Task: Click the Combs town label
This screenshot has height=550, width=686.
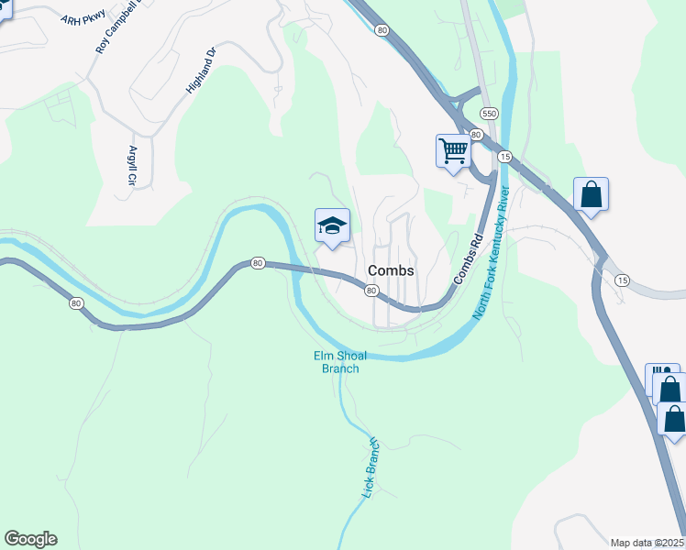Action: [391, 271]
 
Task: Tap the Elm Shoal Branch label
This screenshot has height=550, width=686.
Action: [339, 362]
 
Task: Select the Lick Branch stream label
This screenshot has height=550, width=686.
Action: [371, 467]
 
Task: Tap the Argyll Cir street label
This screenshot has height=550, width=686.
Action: [133, 166]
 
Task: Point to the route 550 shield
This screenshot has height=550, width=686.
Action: [489, 114]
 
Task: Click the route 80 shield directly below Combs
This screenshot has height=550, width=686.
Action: [371, 291]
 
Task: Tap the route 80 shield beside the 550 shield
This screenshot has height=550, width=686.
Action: [476, 135]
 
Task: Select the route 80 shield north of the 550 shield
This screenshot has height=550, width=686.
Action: [382, 30]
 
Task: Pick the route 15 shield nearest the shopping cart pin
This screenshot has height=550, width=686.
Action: [504, 158]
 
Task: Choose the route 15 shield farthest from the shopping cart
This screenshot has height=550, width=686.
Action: [623, 280]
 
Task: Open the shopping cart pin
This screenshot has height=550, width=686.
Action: [453, 151]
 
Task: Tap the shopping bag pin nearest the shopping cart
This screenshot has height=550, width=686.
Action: [592, 195]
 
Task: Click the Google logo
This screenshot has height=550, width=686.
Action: [30, 539]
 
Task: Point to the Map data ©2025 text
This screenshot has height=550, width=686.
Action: [647, 543]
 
